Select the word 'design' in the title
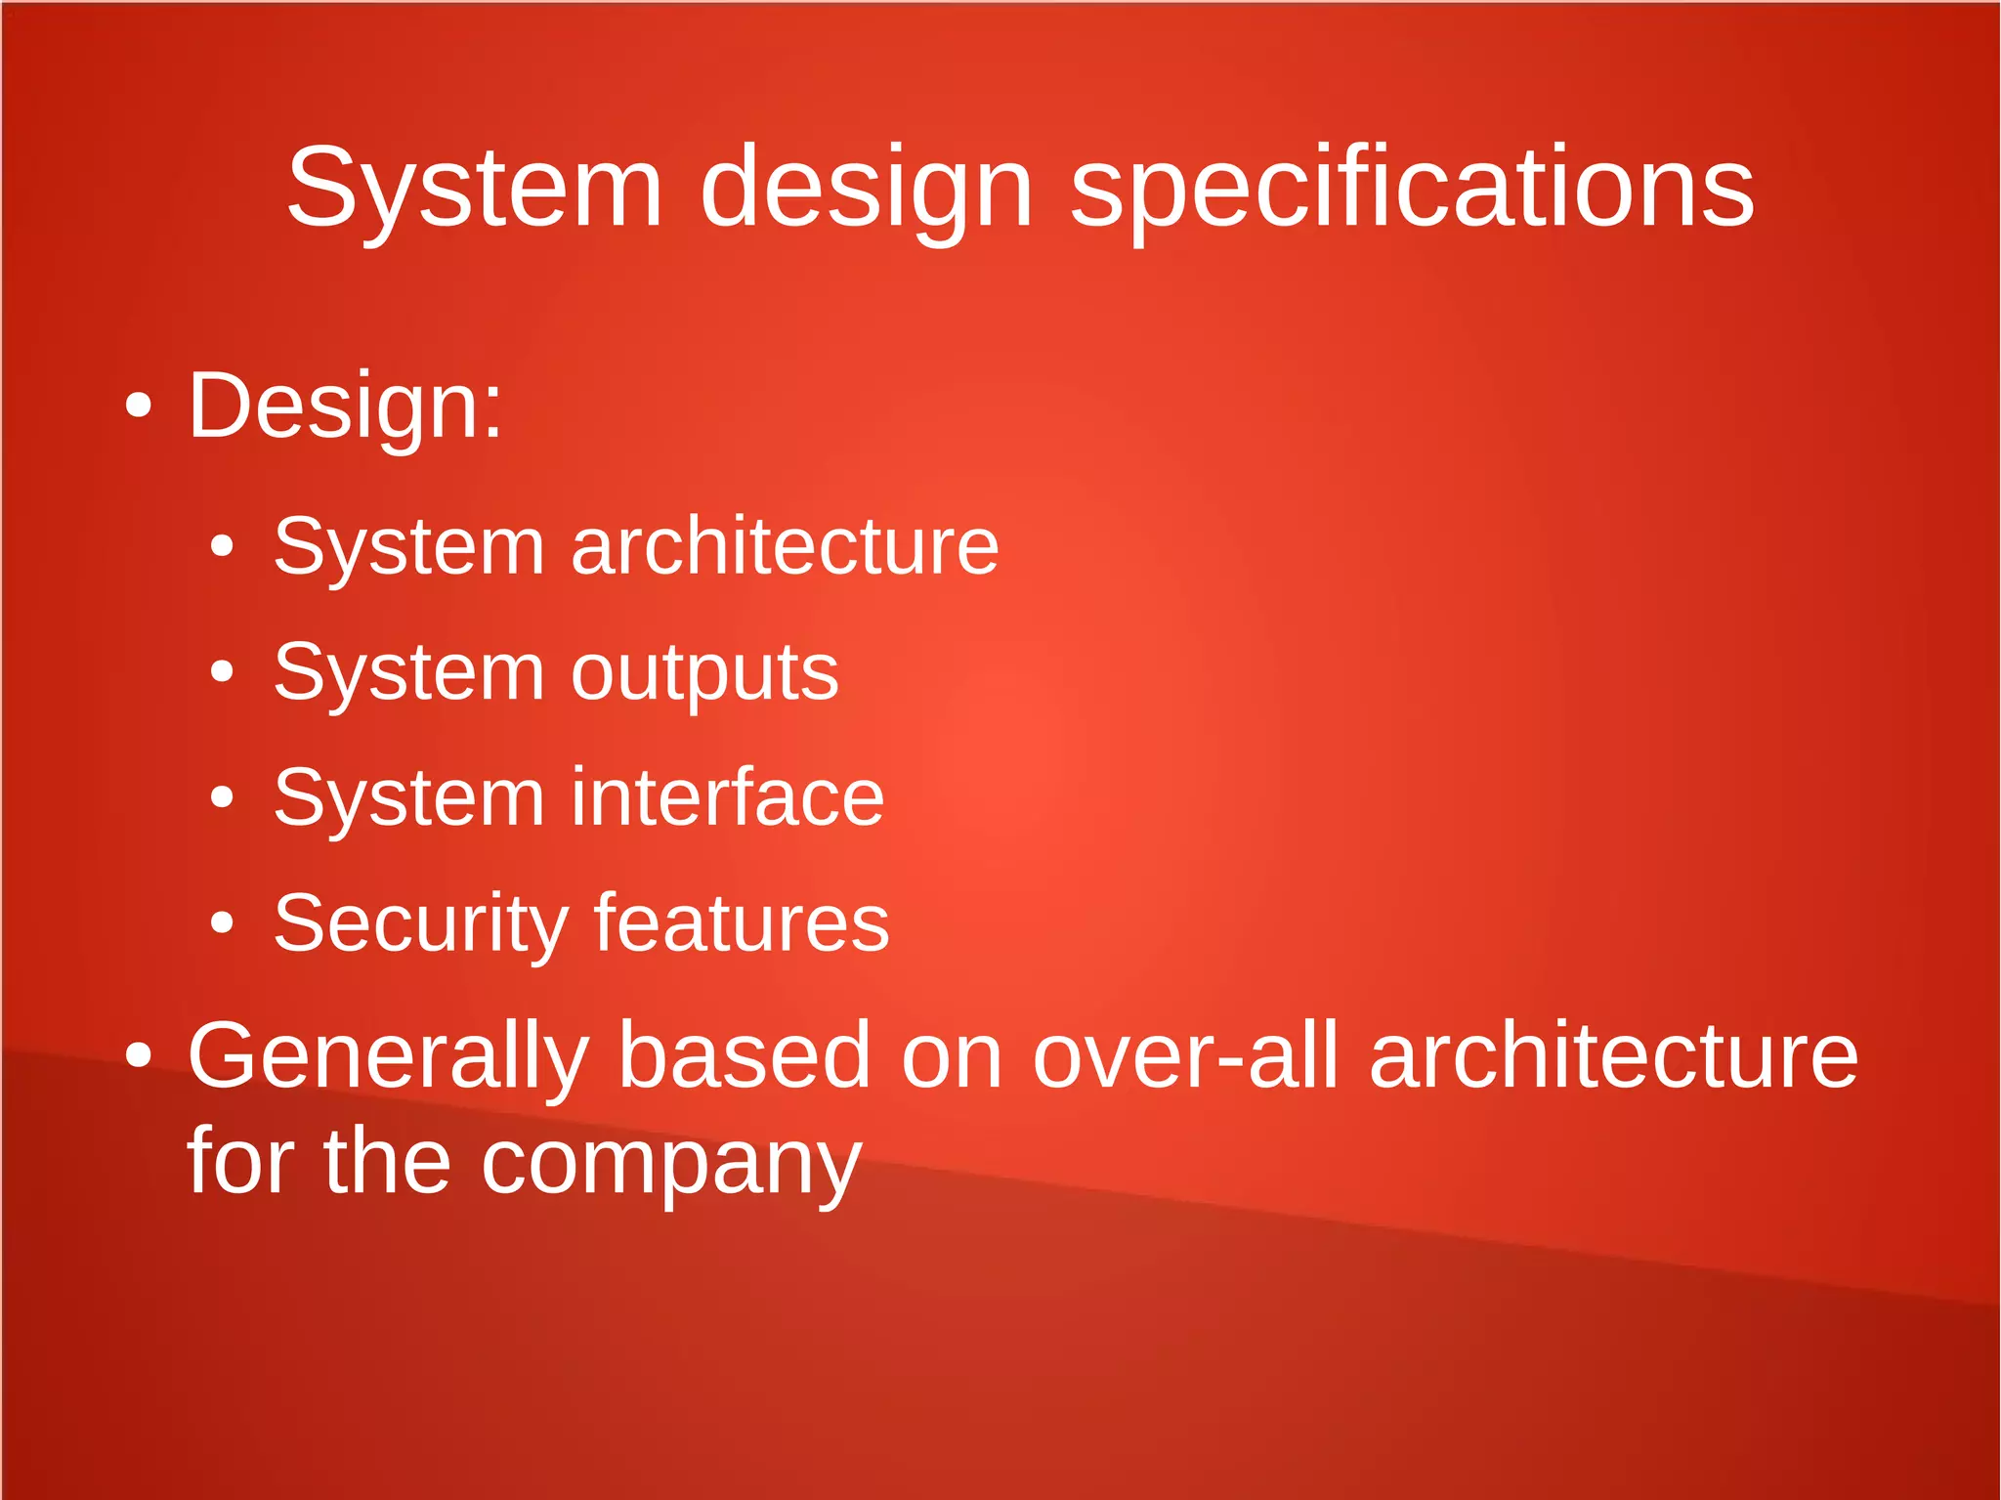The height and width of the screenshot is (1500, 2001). [x=866, y=188]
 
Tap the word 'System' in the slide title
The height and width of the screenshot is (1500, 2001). [x=475, y=188]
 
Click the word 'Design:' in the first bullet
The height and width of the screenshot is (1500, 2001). [x=346, y=406]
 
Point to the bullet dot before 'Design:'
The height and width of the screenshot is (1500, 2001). [x=139, y=406]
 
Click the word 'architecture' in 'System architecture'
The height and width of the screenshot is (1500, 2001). [x=785, y=546]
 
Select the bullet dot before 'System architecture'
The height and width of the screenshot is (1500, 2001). [x=223, y=546]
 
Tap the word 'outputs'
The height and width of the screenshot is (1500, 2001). [x=704, y=672]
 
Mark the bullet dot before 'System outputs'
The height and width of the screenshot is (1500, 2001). [x=223, y=672]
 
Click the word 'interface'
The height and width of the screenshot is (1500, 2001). [x=728, y=797]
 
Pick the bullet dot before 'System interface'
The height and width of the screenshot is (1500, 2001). [x=223, y=797]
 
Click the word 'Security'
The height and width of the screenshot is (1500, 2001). [x=421, y=923]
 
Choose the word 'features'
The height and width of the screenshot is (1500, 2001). [x=742, y=923]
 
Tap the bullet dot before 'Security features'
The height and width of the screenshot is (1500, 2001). [x=223, y=923]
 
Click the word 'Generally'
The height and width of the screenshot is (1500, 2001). [x=389, y=1056]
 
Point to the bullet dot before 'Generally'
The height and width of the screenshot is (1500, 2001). [x=139, y=1056]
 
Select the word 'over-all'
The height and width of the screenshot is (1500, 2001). [x=1185, y=1056]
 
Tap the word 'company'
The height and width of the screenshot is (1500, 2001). [x=671, y=1163]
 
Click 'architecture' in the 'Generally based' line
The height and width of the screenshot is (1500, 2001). [x=1613, y=1056]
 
